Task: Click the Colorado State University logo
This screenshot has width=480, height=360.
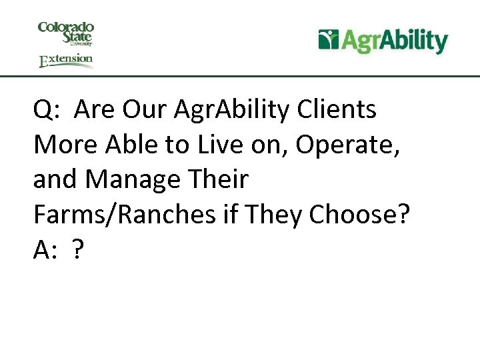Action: [66, 33]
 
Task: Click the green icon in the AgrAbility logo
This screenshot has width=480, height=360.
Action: [329, 40]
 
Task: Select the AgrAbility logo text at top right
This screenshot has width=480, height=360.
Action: [394, 41]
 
